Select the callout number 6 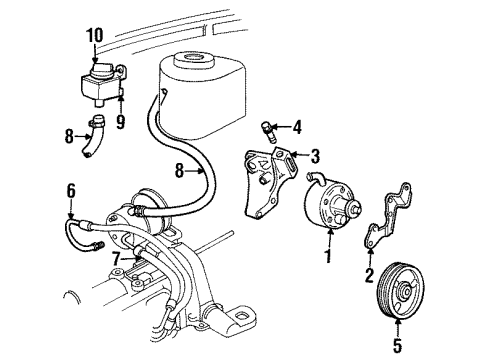coord(70,189)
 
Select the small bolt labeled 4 coord(269,129)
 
